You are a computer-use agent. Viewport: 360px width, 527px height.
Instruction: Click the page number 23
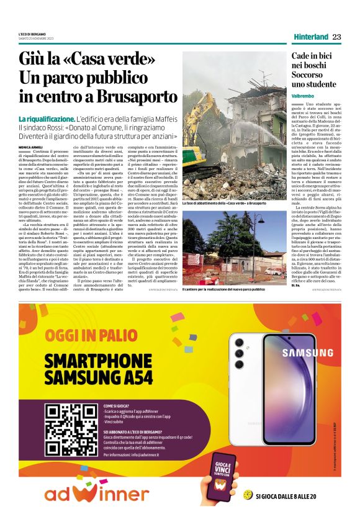(x=337, y=37)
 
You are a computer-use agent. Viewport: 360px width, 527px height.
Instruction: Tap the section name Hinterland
(x=311, y=37)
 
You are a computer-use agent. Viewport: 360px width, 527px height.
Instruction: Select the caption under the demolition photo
(x=224, y=186)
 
